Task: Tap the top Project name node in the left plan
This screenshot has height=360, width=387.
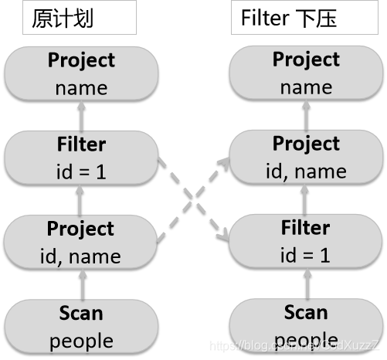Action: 81,73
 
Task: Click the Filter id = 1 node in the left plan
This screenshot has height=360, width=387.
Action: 81,158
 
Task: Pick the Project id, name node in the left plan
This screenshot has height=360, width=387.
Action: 81,242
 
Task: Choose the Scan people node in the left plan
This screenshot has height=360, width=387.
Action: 81,327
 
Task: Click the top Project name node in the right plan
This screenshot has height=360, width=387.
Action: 306,73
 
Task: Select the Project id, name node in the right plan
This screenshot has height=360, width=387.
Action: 306,158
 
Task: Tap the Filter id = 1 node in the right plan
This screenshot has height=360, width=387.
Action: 306,242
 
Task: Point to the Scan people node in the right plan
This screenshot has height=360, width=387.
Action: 306,327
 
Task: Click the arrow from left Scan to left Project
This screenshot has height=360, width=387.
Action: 79,284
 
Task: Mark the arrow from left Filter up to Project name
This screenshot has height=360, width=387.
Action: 79,115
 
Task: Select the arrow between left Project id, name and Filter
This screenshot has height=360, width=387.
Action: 79,199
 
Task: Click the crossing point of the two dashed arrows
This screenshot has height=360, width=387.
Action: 192,200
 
